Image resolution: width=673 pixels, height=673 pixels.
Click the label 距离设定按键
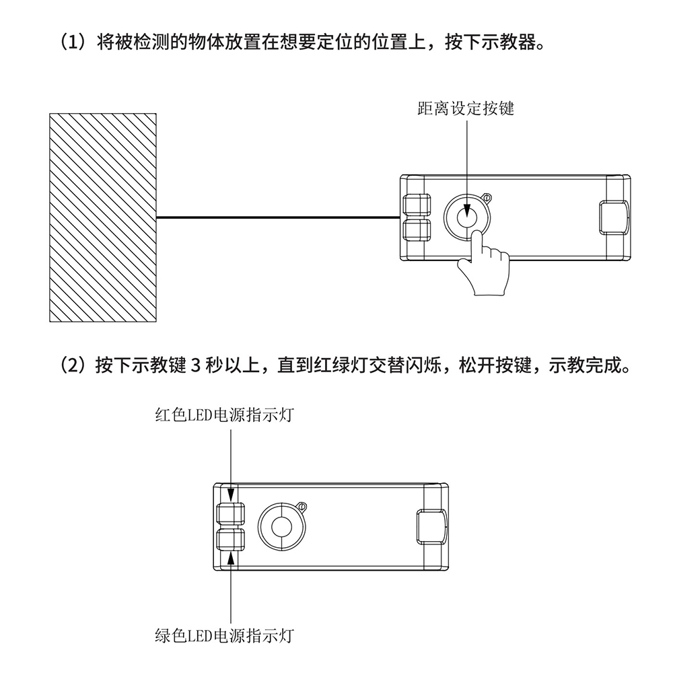466,108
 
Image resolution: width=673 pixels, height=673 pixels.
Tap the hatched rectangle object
103,217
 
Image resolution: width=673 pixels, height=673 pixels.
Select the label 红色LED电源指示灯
224,415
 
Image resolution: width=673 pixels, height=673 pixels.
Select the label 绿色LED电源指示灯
224,635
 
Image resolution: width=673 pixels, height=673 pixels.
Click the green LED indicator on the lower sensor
231,539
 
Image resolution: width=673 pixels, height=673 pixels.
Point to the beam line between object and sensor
279,217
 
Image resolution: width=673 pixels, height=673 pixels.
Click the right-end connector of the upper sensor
614,217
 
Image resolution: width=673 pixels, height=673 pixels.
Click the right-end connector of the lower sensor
432,527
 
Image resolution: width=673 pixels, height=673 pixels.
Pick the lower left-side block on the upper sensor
417,230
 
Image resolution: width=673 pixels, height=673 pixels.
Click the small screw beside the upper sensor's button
487,198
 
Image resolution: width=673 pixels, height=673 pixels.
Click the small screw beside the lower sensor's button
303,507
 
